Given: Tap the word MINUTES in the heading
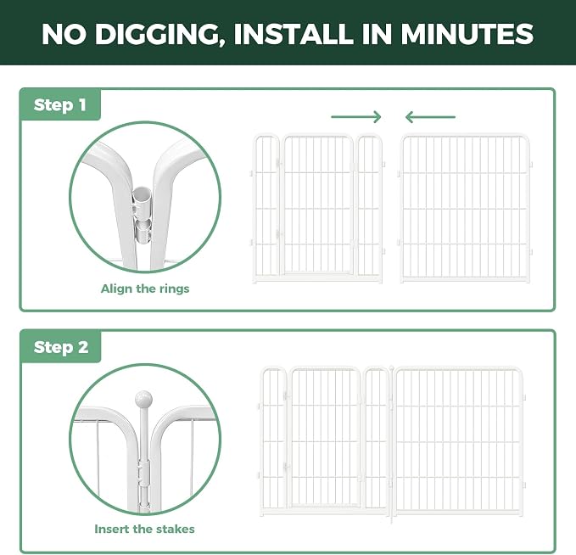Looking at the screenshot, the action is pos(467,34).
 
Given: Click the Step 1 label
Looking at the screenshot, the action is pos(60,105).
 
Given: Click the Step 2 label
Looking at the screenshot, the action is pos(61,347).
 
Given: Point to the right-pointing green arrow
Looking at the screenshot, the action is pos(356,117).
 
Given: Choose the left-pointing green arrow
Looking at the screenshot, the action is pos(430,117).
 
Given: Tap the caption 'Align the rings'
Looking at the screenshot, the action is pos(145,289).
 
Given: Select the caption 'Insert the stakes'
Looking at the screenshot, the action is pos(144,529).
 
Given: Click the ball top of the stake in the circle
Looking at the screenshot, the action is pos(143,399).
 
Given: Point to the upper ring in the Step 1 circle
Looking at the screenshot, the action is pos(142,201).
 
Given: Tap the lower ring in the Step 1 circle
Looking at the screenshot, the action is pos(143,231).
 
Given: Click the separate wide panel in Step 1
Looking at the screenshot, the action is pos(465,208).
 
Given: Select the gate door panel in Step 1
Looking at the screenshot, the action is pos(316,205).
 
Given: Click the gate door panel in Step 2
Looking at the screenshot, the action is pos(325,437).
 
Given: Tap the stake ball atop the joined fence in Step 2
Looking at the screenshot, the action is pos(392,367).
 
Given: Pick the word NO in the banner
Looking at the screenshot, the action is pos(64,34).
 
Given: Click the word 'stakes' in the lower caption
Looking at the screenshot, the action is pos(176,529).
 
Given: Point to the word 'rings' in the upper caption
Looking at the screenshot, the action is pos(173,289).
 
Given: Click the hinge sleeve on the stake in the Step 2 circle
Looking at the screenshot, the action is pos(143,473).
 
